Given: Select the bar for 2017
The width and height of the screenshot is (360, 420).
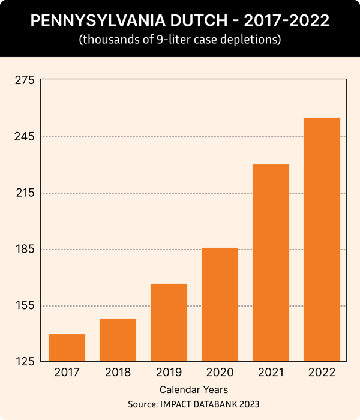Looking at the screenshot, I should coord(67,347).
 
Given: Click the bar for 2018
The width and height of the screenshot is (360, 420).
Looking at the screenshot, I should coord(118,340).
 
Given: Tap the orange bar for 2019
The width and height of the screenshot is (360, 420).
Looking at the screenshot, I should coord(169,322).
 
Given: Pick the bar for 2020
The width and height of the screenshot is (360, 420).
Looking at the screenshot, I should coord(220,304).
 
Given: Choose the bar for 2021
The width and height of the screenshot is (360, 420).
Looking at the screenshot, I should coord(271,262).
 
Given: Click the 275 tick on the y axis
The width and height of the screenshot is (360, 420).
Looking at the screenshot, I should coord(24,80).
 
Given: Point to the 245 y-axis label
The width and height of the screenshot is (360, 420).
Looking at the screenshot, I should coord(24,137).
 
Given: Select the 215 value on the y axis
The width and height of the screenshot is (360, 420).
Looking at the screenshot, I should coord(24,193).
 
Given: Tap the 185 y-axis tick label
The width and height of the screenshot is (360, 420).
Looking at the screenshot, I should coord(24,250).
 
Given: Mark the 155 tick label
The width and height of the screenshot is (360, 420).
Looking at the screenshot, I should coord(24,306).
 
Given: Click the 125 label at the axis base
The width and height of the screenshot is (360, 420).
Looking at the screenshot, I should coord(24,362).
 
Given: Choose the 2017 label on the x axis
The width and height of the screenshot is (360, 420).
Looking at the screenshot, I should coord(67,373).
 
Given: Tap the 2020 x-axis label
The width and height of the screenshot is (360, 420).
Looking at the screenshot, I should coord(220,373).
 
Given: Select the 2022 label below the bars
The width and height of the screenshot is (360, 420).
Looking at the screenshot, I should coord(322,373).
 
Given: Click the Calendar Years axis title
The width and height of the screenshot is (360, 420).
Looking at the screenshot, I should coord(193,390).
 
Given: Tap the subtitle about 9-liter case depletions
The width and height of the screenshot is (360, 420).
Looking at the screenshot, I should coord(180,41).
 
